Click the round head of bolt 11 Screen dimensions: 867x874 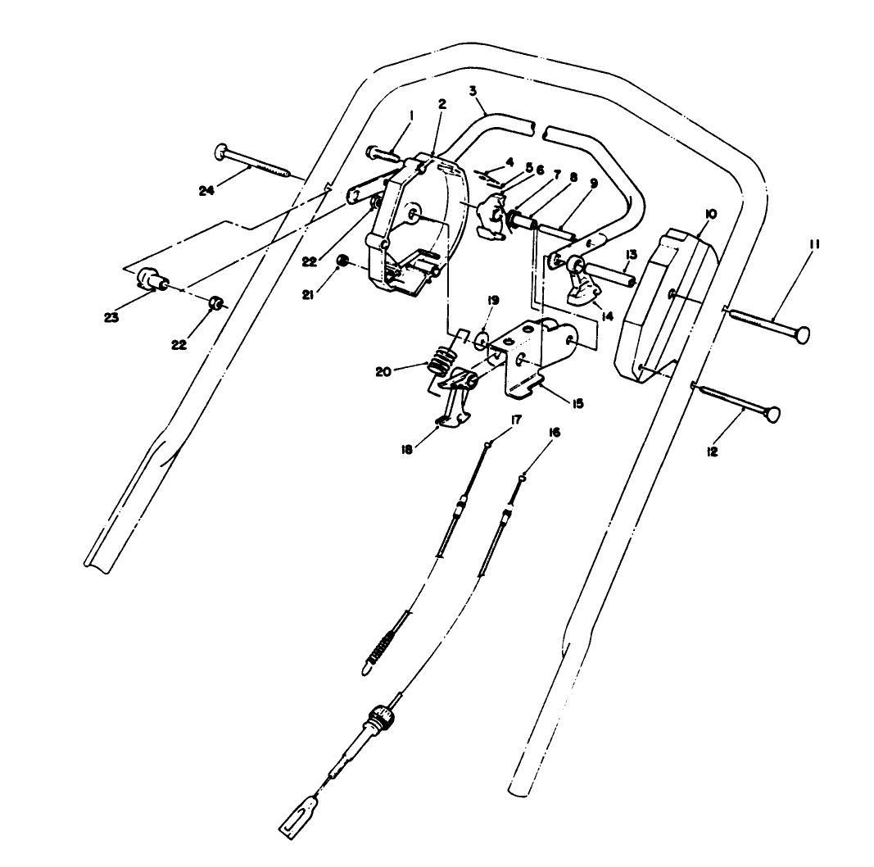(804, 334)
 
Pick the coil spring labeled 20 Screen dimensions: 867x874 (442, 359)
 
